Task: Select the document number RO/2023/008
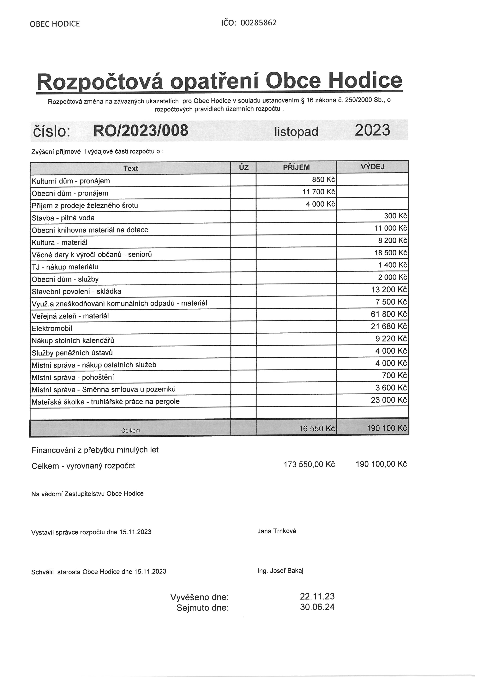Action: [141, 130]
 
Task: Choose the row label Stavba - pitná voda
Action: [63, 218]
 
